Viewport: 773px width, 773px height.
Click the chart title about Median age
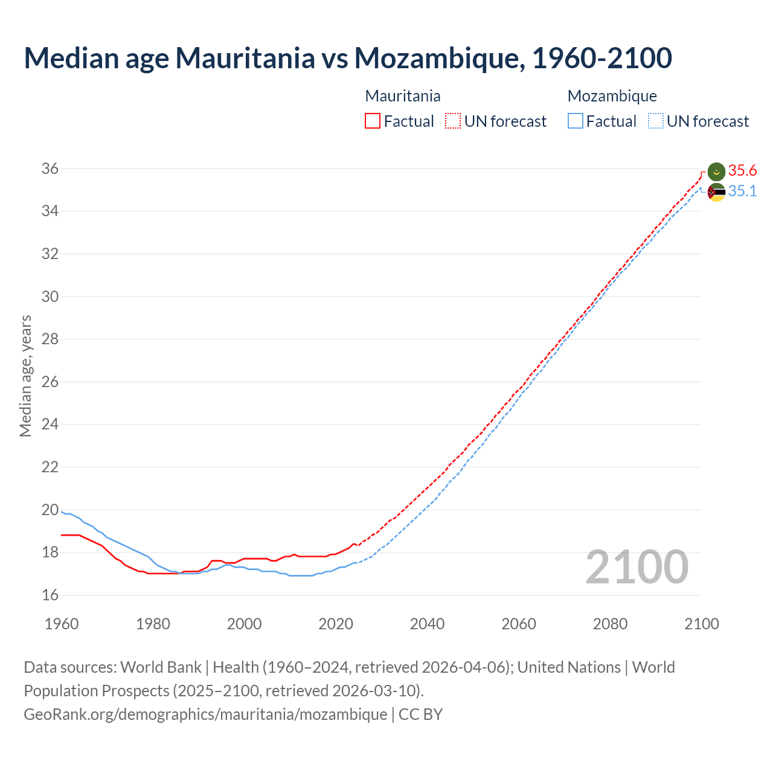(x=348, y=58)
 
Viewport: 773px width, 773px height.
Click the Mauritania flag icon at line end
(x=716, y=172)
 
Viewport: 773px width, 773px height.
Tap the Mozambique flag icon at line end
(x=716, y=193)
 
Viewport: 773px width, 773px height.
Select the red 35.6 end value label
(x=742, y=171)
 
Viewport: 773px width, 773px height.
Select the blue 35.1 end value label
(x=742, y=191)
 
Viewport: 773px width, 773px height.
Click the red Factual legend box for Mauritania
(x=373, y=121)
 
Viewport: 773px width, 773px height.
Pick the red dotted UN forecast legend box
(x=453, y=121)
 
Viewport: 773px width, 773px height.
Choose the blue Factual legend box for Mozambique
(x=576, y=121)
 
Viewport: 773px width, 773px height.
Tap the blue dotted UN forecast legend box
(x=656, y=121)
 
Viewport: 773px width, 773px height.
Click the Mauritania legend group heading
(x=403, y=96)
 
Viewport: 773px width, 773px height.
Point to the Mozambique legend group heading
(x=612, y=96)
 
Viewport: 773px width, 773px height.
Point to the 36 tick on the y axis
(x=50, y=169)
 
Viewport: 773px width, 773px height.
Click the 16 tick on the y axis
(x=50, y=595)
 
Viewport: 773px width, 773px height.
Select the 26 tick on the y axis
(x=50, y=382)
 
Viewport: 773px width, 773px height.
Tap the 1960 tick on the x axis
(x=62, y=624)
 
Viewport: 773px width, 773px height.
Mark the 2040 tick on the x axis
(x=427, y=624)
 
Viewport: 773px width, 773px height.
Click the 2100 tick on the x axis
(x=701, y=624)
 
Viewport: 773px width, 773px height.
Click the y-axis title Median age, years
(x=25, y=376)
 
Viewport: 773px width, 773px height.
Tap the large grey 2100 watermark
(x=637, y=567)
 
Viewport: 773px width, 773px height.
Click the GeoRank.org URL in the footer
(x=205, y=714)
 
